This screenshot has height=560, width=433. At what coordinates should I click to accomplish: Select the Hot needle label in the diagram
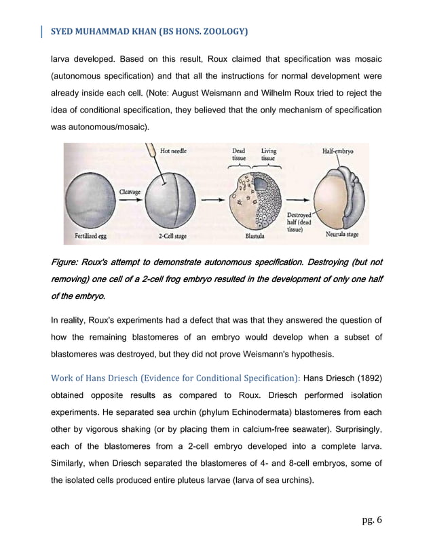(174, 151)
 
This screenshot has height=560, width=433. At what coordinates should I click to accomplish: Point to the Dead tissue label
(239, 155)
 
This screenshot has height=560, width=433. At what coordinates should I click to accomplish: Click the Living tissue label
(269, 155)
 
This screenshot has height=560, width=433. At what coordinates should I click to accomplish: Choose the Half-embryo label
(337, 151)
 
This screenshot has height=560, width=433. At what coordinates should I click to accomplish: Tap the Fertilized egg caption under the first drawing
(87, 237)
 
